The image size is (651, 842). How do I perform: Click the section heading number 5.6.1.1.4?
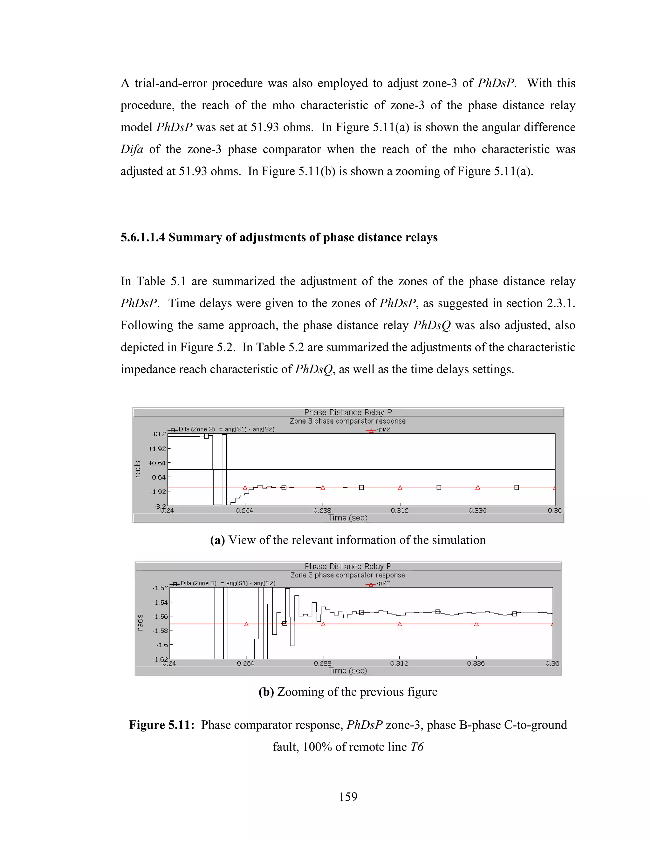coord(143,237)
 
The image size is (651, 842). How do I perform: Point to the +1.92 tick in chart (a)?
coord(157,449)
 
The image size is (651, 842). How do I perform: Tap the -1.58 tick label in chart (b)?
coord(160,631)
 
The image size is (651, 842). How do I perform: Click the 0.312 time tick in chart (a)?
coord(400,511)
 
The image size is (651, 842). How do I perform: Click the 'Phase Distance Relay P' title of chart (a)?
coord(348,412)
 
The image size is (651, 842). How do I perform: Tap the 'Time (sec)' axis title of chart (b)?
coord(348,670)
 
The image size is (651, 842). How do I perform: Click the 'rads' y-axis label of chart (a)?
coord(138,470)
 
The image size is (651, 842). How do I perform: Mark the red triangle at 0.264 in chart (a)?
coord(245,488)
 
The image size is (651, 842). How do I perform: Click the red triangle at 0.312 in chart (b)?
coord(400,624)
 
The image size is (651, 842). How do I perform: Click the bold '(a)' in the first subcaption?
coord(217,540)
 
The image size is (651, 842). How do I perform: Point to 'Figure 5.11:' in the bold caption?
coord(161,725)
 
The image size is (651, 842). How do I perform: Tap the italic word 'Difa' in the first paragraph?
coord(132,149)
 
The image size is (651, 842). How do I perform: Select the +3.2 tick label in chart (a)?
coord(159,434)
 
